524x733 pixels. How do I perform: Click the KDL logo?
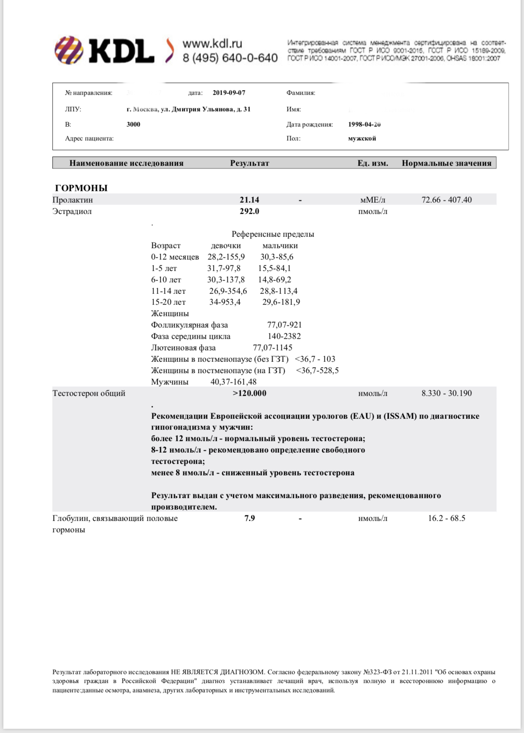[x=105, y=50]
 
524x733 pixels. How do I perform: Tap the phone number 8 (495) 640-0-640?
[x=230, y=58]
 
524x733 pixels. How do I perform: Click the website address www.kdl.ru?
[x=212, y=43]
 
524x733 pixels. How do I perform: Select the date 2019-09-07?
[x=229, y=93]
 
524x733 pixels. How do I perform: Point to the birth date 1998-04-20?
[x=364, y=125]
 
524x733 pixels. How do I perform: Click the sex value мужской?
[x=362, y=138]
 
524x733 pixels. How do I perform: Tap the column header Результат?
[x=249, y=163]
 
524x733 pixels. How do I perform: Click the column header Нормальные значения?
[x=446, y=163]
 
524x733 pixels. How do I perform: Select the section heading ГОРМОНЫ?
[x=81, y=188]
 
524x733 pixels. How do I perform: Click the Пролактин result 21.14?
[x=249, y=200]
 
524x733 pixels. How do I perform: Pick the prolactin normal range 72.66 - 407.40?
[x=446, y=200]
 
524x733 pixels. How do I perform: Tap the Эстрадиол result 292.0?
[x=249, y=212]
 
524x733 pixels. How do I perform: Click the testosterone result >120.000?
[x=249, y=394]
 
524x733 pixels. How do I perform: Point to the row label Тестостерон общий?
[x=89, y=394]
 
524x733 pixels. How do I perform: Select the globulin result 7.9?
[x=249, y=519]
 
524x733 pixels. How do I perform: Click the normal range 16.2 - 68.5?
[x=446, y=519]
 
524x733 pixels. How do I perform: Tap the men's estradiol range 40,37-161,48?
[x=233, y=382]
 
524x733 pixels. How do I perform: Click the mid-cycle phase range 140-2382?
[x=284, y=337]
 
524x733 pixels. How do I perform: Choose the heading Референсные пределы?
[x=273, y=234]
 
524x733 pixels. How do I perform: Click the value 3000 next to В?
[x=133, y=125]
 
